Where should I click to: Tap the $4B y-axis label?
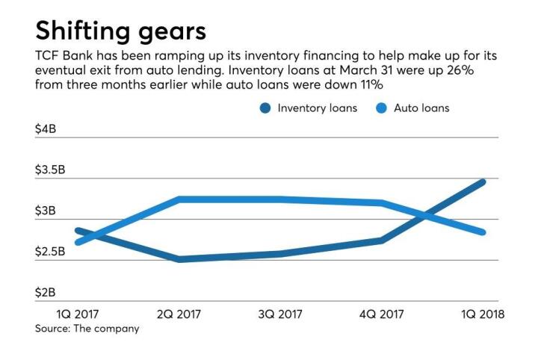[x=46, y=129]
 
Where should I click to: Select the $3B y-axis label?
[x=46, y=211]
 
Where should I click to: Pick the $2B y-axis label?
[x=46, y=294]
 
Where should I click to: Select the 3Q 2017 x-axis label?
[x=281, y=314]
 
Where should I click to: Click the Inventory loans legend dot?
[x=265, y=108]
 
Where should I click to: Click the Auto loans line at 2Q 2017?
[x=179, y=199]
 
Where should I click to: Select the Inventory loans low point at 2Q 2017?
[x=179, y=259]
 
